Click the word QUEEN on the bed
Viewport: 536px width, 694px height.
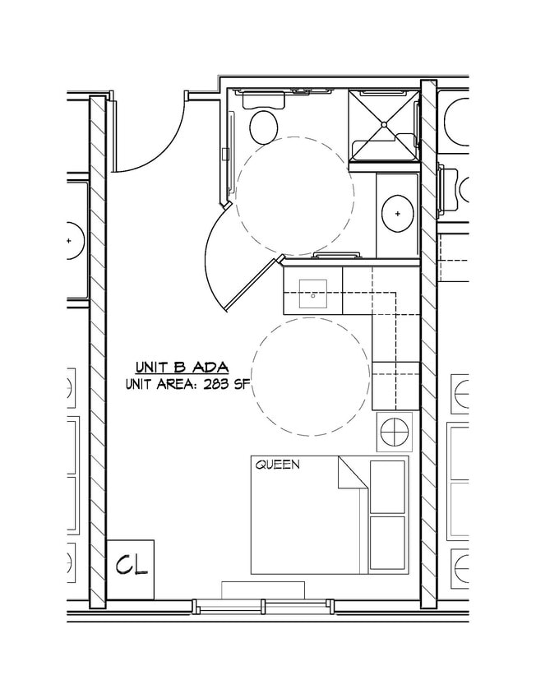277,465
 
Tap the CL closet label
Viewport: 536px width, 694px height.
131,566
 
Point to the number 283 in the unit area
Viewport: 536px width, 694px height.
218,383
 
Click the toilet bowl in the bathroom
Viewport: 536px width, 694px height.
264,127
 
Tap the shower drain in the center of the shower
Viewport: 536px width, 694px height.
383,124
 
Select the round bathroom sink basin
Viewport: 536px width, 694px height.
398,213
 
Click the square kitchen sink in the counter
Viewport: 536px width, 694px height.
313,293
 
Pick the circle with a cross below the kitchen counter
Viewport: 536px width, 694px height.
393,431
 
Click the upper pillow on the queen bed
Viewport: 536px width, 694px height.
387,486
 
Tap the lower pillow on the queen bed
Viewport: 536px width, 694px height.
387,542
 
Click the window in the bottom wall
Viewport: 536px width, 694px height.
263,606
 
